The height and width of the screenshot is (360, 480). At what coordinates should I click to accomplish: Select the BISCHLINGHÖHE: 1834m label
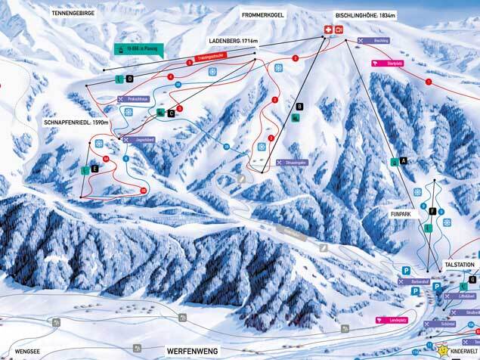[366, 14]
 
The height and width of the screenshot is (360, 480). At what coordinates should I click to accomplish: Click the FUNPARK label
[401, 214]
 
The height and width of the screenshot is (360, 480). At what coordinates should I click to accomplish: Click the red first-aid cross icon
[328, 29]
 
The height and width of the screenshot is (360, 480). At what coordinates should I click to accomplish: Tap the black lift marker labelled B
[300, 107]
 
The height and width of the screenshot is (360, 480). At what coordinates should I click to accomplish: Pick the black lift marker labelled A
[404, 160]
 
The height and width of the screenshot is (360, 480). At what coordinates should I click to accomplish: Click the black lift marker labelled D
[129, 79]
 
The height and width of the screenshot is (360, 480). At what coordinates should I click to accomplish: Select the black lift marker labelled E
[94, 169]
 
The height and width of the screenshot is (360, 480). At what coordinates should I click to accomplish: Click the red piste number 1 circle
[428, 81]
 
